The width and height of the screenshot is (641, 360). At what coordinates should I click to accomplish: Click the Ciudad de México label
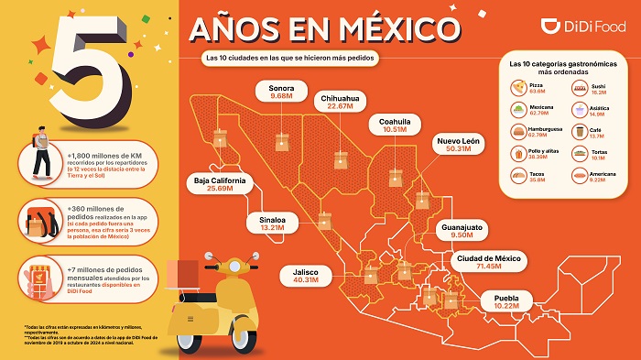click(x=489, y=262)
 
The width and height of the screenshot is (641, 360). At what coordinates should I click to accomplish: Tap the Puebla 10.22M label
click(x=507, y=302)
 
